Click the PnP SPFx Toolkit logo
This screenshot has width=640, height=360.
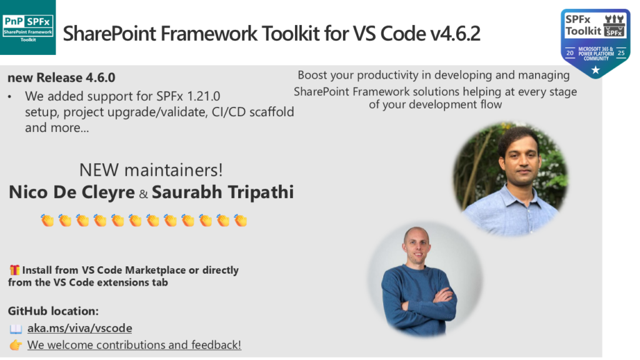[x=27, y=27]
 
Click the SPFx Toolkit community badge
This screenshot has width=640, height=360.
[x=596, y=43]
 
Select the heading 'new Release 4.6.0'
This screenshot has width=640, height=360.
[x=61, y=77]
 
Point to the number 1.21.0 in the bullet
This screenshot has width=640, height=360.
[x=203, y=96]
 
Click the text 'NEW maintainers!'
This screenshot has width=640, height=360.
[x=151, y=170]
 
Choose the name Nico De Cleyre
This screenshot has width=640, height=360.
[x=72, y=192]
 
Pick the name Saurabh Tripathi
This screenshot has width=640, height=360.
[x=223, y=192]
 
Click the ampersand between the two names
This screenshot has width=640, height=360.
[x=143, y=194]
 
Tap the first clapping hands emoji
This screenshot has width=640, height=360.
[x=47, y=221]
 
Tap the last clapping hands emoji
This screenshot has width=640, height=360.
[x=241, y=221]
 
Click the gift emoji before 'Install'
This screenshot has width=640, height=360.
[x=15, y=270]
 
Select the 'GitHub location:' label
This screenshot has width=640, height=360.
[x=53, y=311]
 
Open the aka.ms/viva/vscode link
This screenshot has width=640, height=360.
[x=79, y=328]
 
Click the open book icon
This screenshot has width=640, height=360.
[x=16, y=329]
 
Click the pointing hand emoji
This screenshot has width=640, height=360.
[x=16, y=345]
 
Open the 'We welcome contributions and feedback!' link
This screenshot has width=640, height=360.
[x=134, y=345]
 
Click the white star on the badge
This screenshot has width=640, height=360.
[x=596, y=70]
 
